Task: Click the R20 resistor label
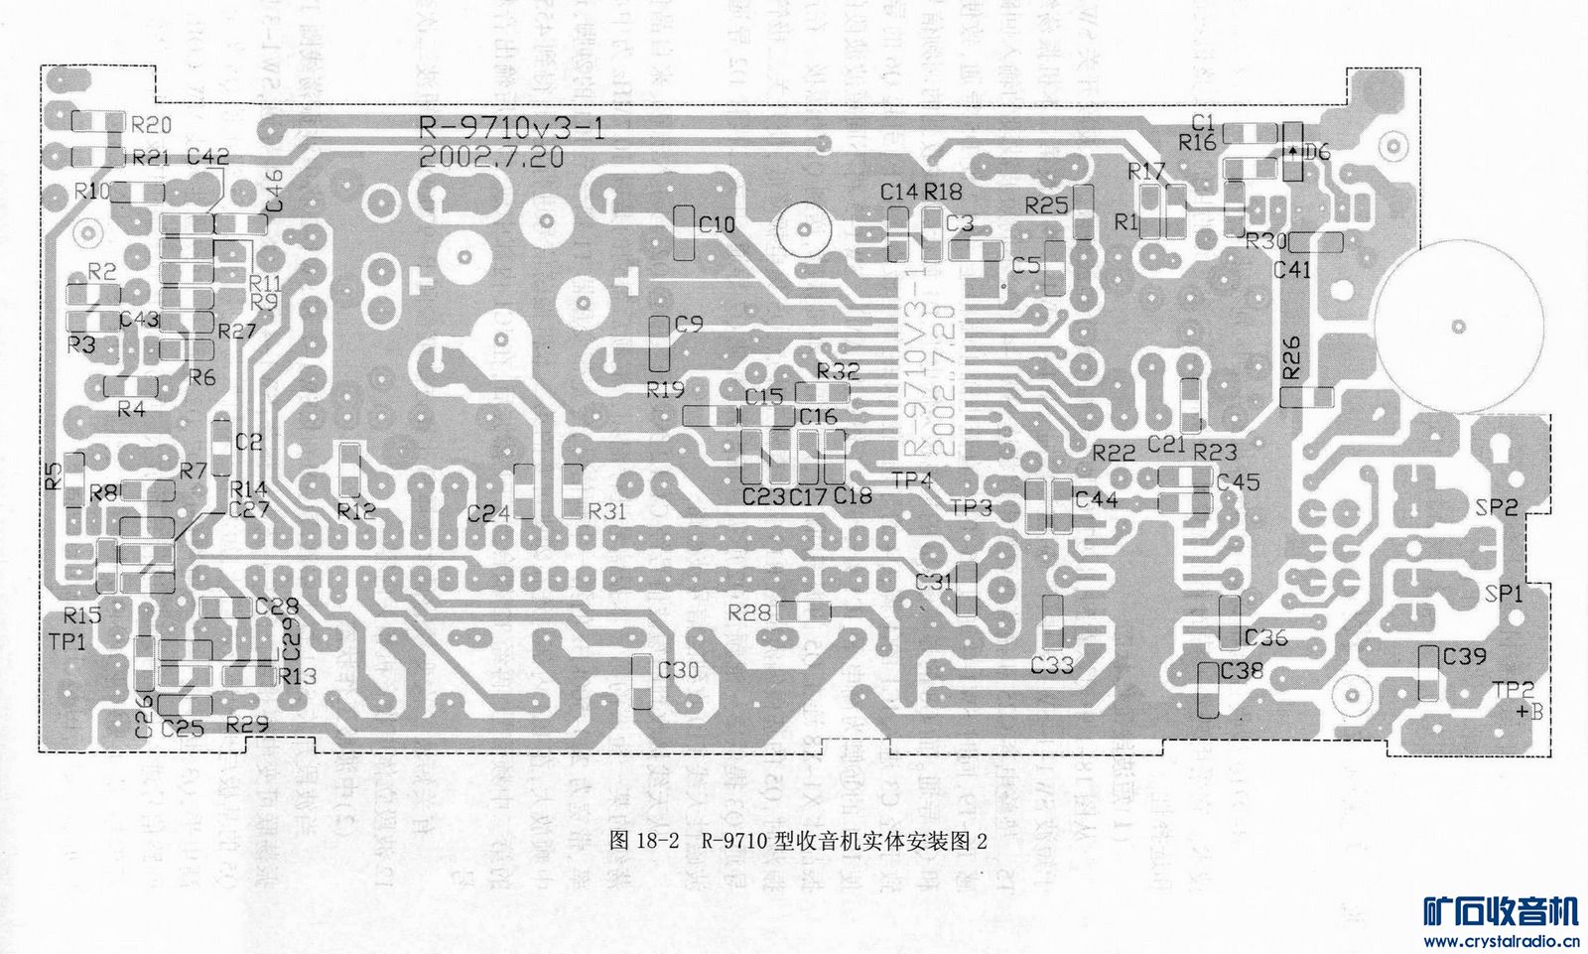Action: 151,125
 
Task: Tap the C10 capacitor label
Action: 717,224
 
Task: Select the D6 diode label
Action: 1316,153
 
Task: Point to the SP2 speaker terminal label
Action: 1497,507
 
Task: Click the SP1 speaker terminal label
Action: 1505,594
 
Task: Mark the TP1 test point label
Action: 66,642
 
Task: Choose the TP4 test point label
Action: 911,480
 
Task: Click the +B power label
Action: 1529,712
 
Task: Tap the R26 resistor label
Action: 1290,357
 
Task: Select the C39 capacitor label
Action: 1465,656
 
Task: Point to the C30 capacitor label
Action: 679,670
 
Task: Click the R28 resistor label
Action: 749,613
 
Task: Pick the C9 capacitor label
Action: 689,324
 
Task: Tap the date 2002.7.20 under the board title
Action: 491,157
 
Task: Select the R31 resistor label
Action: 606,511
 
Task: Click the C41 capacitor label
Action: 1292,269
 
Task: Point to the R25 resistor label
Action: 1046,205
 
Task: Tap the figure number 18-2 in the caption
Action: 657,841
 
